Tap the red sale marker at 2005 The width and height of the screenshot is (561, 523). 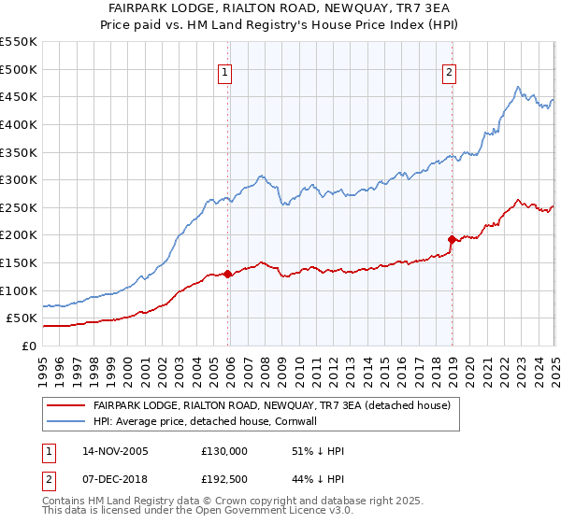[228, 274]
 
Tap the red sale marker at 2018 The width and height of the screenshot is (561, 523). [452, 239]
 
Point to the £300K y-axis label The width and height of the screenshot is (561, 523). [19, 179]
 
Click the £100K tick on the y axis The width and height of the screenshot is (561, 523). [19, 290]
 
